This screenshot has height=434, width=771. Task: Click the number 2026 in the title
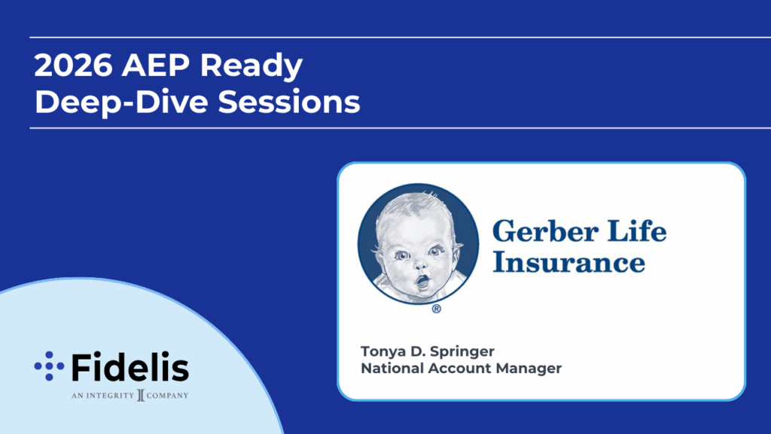click(x=73, y=65)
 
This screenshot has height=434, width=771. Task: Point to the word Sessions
click(x=289, y=102)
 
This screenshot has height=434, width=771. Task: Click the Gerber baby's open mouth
click(x=422, y=282)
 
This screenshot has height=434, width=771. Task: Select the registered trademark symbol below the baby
click(x=436, y=309)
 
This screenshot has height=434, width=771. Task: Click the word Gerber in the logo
click(x=545, y=233)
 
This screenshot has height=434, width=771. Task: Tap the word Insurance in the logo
click(x=569, y=261)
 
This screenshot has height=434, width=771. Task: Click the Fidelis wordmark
click(x=130, y=367)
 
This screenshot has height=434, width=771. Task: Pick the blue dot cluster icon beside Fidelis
click(x=49, y=366)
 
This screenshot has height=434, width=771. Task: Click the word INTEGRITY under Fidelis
click(x=110, y=395)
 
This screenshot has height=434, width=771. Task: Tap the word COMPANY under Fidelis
click(x=167, y=395)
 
